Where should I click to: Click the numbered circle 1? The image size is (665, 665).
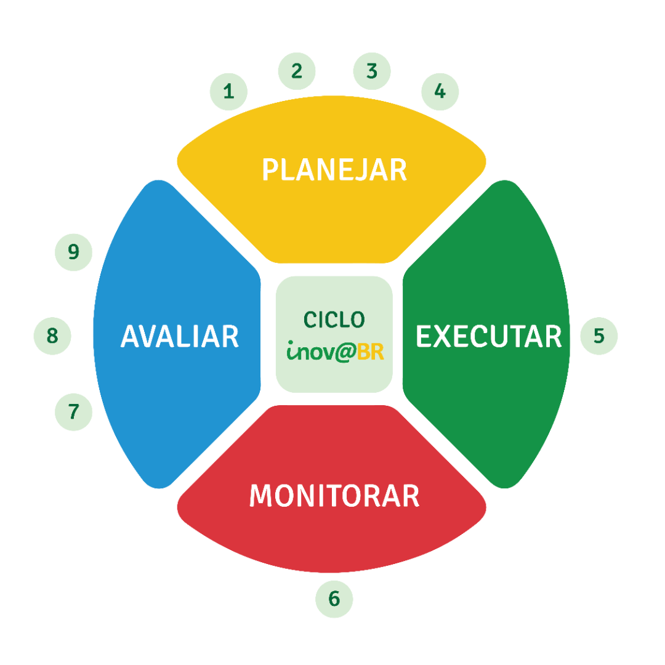228,92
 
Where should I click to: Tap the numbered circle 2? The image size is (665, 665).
297,71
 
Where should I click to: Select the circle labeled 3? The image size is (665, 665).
372,71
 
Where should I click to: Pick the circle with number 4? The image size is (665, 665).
440,91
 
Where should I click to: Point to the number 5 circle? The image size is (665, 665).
598,336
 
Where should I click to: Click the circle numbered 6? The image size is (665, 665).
334,598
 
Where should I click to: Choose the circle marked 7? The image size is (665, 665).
74,411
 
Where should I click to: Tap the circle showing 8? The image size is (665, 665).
52,336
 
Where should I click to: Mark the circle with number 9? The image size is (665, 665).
74,252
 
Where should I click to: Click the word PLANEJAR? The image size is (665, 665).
334,170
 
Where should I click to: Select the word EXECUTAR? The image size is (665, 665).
488,336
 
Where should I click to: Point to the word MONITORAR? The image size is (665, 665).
334,496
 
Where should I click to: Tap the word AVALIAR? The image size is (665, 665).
180,336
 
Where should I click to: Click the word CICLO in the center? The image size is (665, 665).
334,320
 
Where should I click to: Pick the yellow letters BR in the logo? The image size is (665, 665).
371,352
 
